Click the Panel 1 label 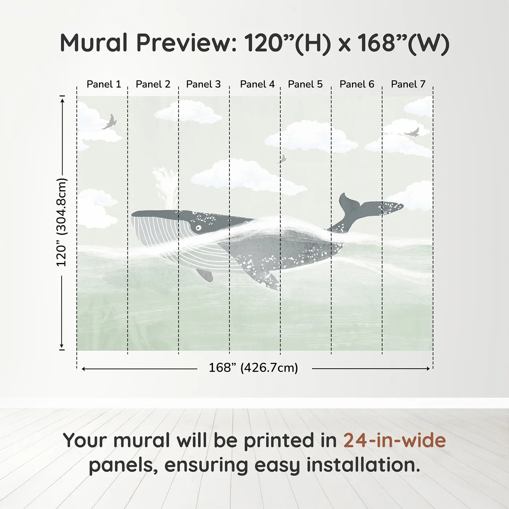(x=104, y=84)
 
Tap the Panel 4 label (x=257, y=84)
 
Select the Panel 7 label (x=408, y=84)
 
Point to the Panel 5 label (x=305, y=84)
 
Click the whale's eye (x=198, y=228)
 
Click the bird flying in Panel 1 (x=110, y=122)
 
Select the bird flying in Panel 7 (x=412, y=132)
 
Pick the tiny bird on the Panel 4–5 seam (x=282, y=159)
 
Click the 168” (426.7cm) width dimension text (x=253, y=368)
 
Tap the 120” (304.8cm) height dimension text (x=61, y=222)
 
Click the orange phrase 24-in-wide (x=394, y=440)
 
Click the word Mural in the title (x=93, y=43)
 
